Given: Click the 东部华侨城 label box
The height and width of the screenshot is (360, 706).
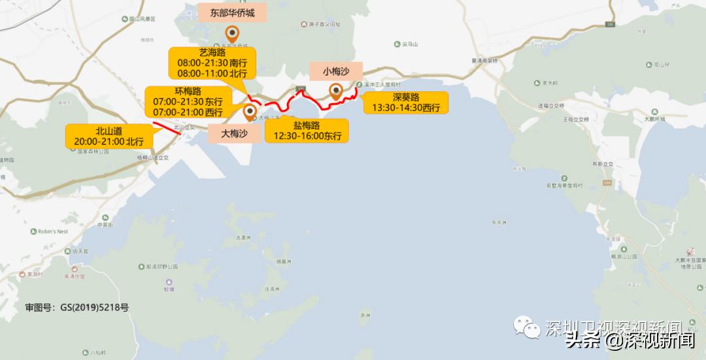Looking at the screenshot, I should [x=232, y=12].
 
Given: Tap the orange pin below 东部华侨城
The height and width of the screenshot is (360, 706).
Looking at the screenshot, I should [x=232, y=34].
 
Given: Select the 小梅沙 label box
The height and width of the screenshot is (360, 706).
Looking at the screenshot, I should [x=335, y=71].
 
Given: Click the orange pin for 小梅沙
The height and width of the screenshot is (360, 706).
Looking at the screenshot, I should [x=336, y=91].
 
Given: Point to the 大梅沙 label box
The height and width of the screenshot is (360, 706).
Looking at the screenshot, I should [x=234, y=133].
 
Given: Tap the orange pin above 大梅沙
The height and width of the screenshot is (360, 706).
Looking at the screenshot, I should [x=250, y=112].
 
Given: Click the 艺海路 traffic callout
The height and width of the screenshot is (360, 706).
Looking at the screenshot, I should [x=211, y=63].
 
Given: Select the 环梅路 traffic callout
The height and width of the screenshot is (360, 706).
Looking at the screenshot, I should [x=187, y=101].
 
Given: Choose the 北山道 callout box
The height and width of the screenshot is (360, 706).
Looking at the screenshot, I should [x=109, y=135].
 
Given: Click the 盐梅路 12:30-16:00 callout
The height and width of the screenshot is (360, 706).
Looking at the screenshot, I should [x=307, y=131].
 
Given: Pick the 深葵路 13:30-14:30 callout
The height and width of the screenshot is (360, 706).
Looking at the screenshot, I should [x=405, y=103].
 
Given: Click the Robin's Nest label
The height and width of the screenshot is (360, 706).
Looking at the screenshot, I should [x=53, y=231].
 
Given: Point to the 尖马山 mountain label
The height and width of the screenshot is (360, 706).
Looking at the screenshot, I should [x=409, y=44].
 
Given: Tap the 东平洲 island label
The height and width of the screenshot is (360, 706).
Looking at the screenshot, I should [x=499, y=223].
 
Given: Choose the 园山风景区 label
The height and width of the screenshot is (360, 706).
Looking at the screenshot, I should [x=139, y=20].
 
